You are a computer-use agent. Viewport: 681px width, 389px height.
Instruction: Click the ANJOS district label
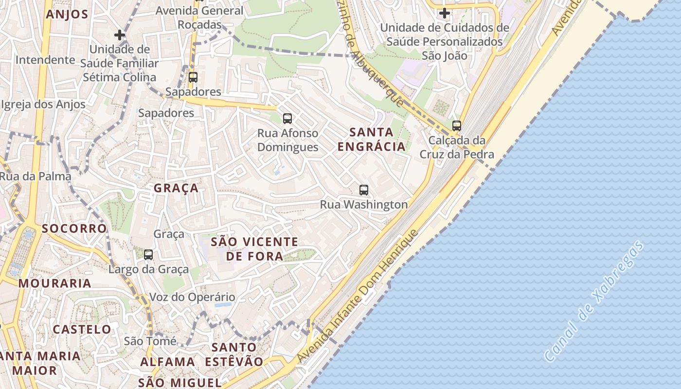pos(67,14)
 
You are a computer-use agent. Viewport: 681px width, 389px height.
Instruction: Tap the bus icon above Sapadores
pos(193,77)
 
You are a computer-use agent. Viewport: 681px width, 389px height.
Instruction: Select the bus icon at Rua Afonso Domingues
pos(287,118)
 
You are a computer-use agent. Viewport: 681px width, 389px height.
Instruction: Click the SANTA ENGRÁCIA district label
pos(372,139)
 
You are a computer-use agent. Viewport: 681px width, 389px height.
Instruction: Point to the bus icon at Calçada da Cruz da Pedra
pos(456,126)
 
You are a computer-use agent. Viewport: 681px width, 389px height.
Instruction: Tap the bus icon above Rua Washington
pos(364,190)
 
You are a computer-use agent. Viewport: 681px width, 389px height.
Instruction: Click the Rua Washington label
pos(364,205)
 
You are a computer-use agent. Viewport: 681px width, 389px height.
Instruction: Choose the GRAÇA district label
pos(176,188)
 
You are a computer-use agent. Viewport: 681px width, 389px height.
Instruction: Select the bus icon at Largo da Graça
pos(148,254)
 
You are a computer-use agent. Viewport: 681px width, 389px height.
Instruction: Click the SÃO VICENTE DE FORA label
pos(254,248)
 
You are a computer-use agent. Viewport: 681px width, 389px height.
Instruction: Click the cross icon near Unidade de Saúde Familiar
pos(120,35)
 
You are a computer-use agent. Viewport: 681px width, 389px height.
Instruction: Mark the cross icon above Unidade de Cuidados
pos(444,13)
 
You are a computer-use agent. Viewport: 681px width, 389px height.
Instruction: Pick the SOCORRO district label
pos(74,229)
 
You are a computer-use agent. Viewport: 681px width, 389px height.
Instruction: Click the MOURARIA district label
pos(55,283)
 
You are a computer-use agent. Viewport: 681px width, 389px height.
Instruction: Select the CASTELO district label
pos(82,329)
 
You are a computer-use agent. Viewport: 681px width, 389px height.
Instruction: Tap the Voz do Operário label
pos(192,297)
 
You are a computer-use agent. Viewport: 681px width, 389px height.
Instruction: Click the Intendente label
pos(45,60)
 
